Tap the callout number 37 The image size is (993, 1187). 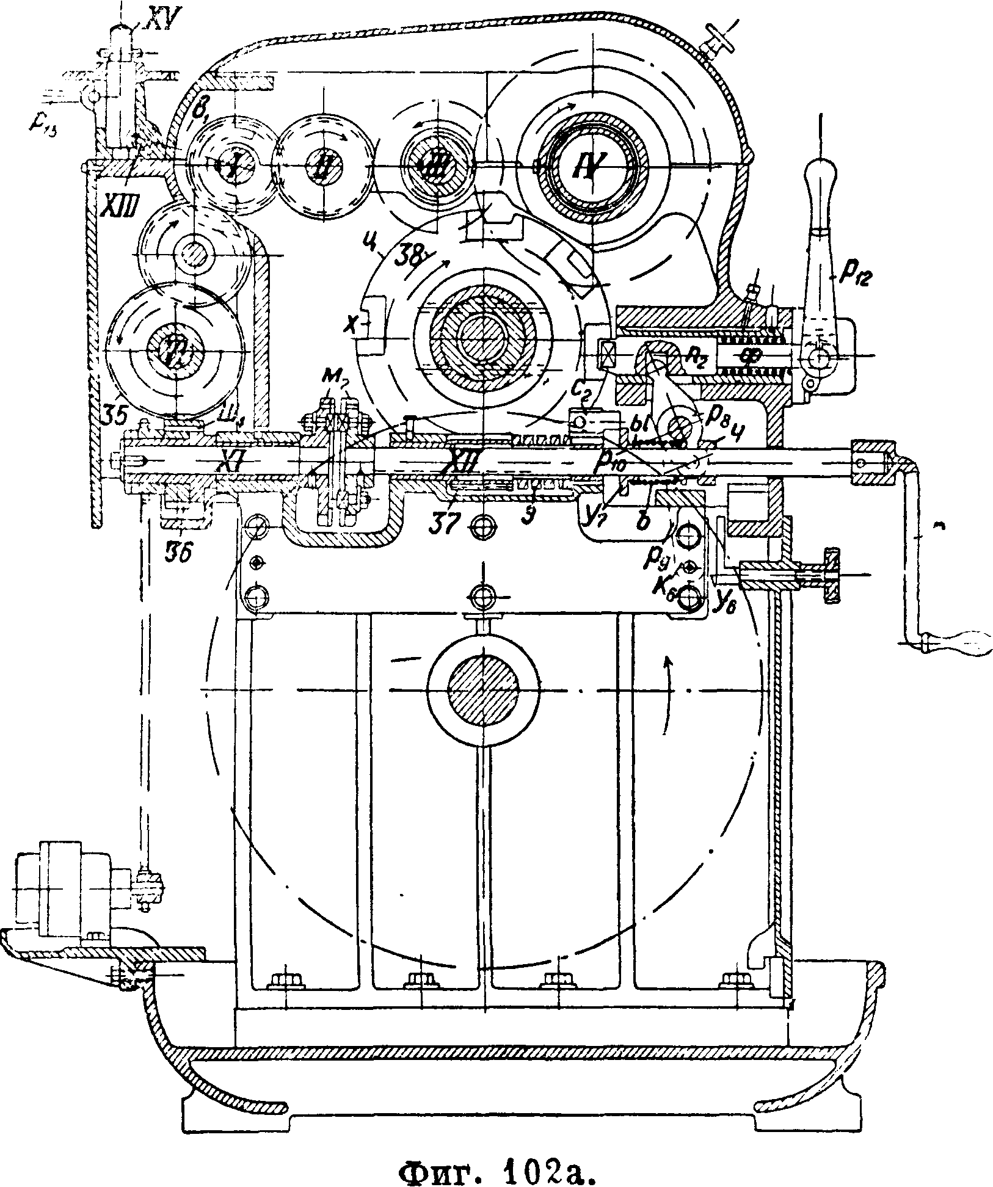tap(445, 525)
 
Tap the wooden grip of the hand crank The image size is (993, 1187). tap(956, 642)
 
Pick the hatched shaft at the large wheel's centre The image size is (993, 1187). tap(482, 689)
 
